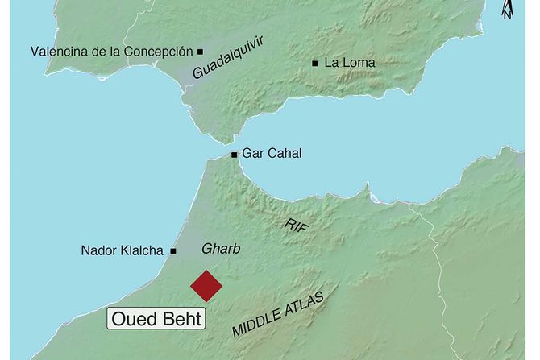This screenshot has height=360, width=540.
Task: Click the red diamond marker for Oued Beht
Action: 206,285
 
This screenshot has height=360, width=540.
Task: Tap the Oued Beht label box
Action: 157,317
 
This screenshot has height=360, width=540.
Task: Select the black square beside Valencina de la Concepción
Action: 200,51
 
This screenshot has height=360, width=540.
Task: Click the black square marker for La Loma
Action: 314,62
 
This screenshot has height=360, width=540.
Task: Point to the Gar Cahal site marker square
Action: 234,155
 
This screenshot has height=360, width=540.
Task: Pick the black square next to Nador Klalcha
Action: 173,250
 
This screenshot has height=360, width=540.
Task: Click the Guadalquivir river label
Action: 229,59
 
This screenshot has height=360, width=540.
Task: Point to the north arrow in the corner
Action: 505,10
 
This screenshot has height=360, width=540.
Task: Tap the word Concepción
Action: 160,51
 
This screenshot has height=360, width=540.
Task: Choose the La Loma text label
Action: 349,62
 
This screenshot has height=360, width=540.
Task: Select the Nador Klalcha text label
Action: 123,250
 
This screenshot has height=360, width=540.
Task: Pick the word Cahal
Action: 283,155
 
